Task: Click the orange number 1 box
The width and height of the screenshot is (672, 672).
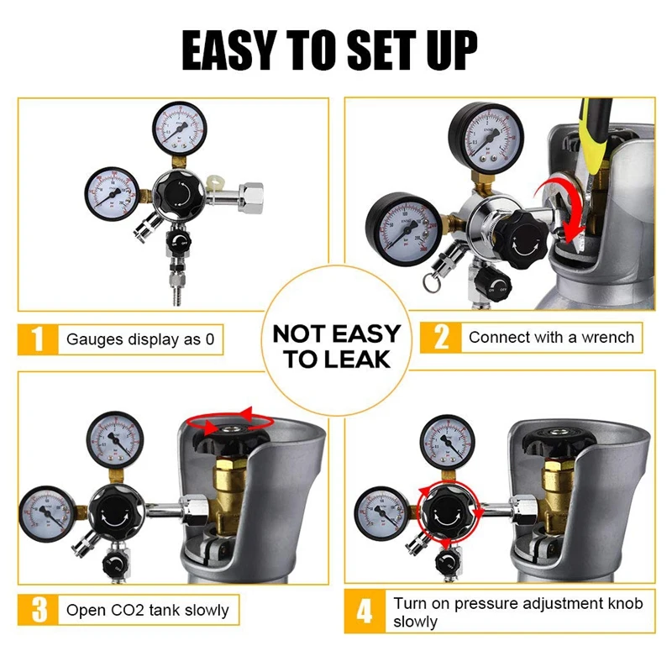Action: [36, 339]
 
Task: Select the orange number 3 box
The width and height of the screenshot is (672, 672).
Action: [36, 610]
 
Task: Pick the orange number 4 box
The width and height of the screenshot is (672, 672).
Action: [364, 611]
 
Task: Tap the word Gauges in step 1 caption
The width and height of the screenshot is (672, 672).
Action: [93, 340]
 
